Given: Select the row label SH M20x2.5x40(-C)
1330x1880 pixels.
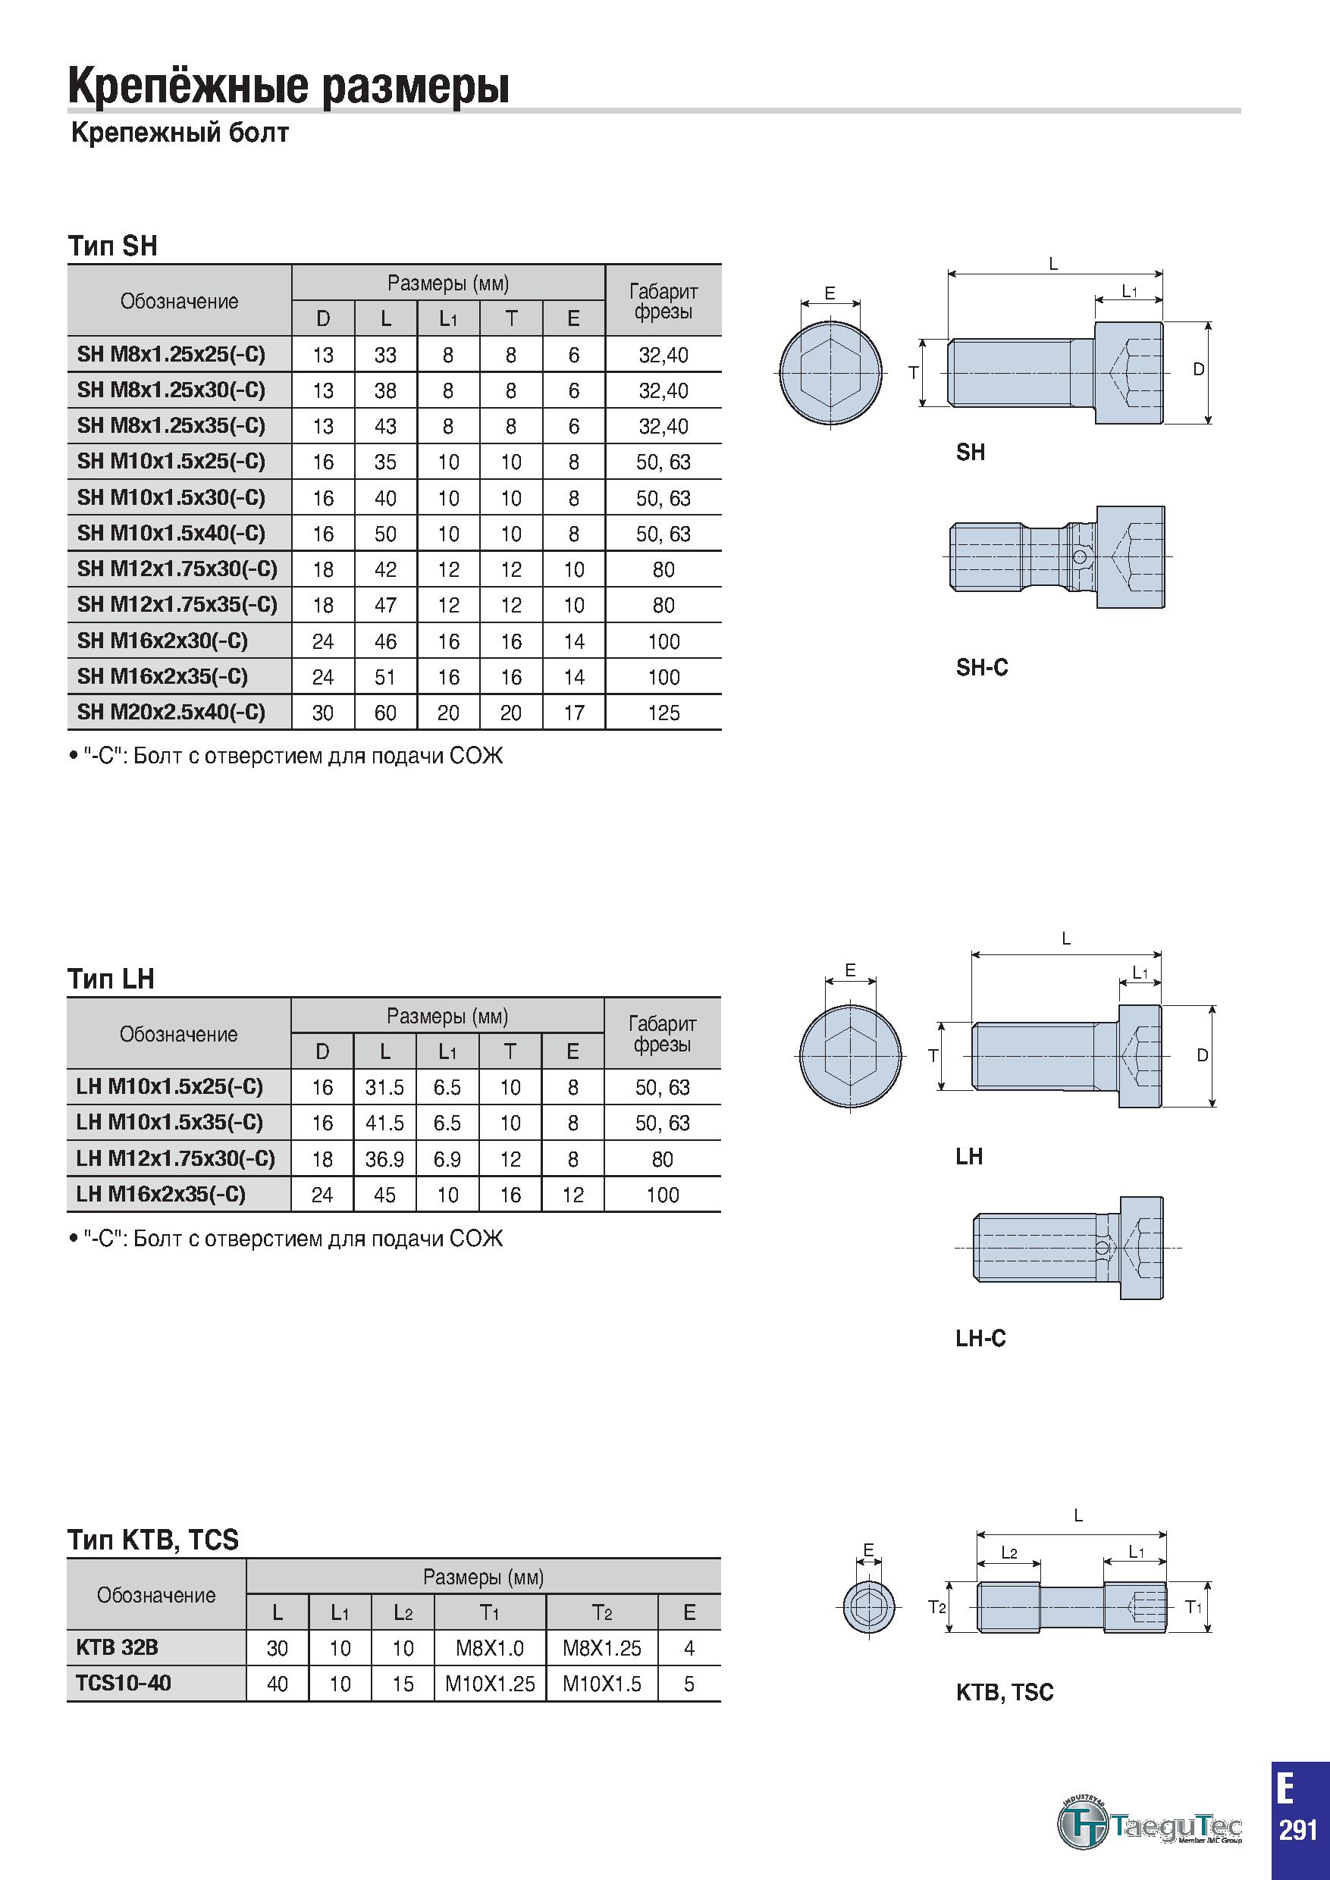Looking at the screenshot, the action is point(171,712).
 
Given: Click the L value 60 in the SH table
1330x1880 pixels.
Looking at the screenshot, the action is point(385,713).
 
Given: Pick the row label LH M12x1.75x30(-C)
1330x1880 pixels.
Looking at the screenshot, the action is point(175,1158).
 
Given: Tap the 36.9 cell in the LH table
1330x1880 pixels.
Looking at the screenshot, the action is point(385,1159).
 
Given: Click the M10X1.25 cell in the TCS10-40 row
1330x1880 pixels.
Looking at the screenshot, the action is point(490,1684).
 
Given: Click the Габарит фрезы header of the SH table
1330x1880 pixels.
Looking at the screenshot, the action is point(663,300).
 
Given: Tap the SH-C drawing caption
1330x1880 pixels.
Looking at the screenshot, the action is point(982,667).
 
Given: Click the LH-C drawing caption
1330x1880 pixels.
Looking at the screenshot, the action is point(980,1338).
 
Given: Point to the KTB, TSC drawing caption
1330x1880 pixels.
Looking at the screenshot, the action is point(1004,1692).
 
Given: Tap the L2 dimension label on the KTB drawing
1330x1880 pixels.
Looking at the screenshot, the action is point(1009,1553).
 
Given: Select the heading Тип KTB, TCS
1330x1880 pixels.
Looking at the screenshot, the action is point(153,1540).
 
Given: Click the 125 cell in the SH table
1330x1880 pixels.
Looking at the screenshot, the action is point(663,713).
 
